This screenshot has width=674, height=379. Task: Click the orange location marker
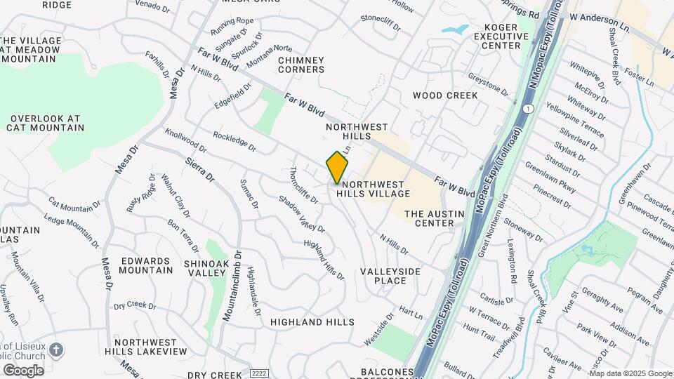tap(338, 168)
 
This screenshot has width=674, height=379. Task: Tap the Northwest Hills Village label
tap(373, 187)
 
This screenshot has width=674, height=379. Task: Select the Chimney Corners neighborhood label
tap(301, 65)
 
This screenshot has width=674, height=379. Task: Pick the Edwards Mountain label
tap(146, 265)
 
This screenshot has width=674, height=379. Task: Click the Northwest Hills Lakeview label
tap(151, 347)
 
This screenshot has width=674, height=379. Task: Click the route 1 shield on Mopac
tap(528, 108)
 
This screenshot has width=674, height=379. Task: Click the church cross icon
tap(58, 349)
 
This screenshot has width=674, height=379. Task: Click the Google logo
tap(23, 370)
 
